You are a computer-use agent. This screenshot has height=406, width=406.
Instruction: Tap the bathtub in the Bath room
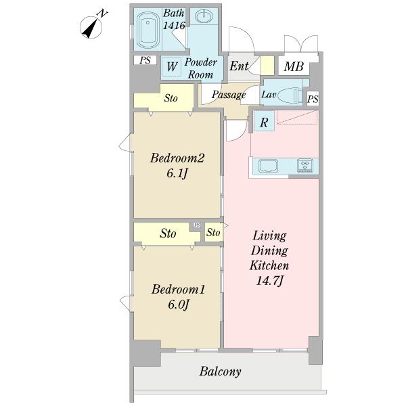coord(148,30)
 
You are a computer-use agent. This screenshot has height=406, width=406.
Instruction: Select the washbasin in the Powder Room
coord(204,17)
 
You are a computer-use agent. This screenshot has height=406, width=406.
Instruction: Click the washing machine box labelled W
coord(172,66)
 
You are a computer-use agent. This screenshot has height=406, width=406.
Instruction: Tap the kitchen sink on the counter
coord(268,166)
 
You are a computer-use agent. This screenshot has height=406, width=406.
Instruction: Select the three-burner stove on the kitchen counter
coord(305,165)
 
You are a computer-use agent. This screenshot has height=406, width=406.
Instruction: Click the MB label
coord(294,66)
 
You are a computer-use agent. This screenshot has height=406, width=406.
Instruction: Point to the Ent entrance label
coord(239,66)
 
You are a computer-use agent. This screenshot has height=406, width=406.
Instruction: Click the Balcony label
coord(221,371)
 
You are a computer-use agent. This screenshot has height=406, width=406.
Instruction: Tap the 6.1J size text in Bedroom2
coord(177,173)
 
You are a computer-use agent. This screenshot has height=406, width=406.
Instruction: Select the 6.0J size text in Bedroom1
coord(179,304)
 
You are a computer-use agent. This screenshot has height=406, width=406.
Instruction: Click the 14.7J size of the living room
coord(269,281)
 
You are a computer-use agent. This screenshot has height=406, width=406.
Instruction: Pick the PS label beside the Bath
coord(145,60)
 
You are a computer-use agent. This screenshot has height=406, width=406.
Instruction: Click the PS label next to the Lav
coord(313,99)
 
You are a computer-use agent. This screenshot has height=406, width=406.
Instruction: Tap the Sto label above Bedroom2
coord(171,98)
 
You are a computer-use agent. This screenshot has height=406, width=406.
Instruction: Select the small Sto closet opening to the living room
coord(214,232)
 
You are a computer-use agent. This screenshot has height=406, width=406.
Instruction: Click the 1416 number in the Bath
coord(174,26)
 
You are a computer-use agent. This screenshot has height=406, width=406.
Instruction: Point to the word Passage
coord(229,95)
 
